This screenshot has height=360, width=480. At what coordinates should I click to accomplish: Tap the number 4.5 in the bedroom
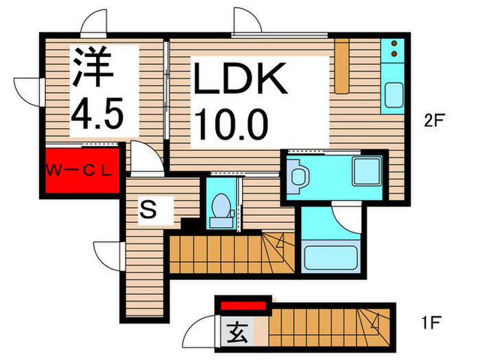pos(97,112)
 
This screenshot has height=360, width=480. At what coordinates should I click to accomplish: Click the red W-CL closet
pos(81,169)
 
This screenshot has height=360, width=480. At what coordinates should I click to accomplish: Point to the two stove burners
pos(395,49)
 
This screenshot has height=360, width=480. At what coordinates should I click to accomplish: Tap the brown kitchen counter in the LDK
pos(342,65)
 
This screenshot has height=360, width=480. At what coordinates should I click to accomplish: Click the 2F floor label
pos(435,121)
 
